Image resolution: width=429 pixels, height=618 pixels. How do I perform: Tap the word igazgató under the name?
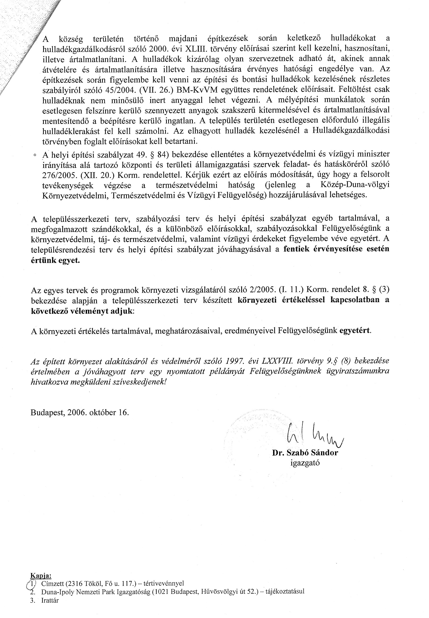pos(305,463)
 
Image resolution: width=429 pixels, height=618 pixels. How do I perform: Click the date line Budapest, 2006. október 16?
pos(80,412)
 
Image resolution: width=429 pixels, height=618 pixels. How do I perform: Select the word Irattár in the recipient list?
pos(50,600)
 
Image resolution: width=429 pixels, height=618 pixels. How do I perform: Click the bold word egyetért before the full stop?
pos(355,330)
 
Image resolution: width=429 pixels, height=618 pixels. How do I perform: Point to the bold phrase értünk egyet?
pos(56,260)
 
